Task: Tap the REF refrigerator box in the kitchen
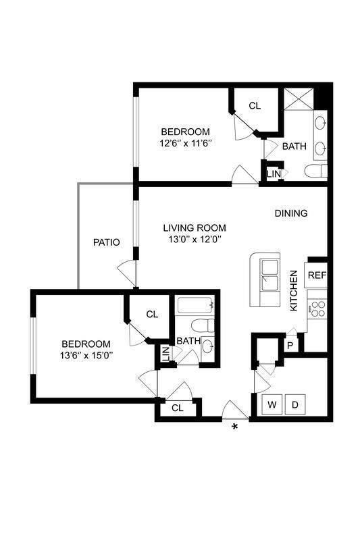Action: (316, 275)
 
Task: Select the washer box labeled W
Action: (272, 405)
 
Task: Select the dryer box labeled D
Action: (295, 405)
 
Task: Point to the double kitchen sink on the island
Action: (269, 273)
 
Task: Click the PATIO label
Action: (106, 242)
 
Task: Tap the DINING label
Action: (290, 213)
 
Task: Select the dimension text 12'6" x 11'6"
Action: (184, 143)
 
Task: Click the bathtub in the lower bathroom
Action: (195, 307)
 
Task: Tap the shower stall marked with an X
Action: (298, 99)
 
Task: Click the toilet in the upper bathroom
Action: (315, 171)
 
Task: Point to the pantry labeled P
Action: (290, 344)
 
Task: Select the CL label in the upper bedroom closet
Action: (255, 106)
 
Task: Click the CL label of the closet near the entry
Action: (177, 408)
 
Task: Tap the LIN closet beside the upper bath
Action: (273, 173)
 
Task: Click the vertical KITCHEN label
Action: (294, 290)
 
